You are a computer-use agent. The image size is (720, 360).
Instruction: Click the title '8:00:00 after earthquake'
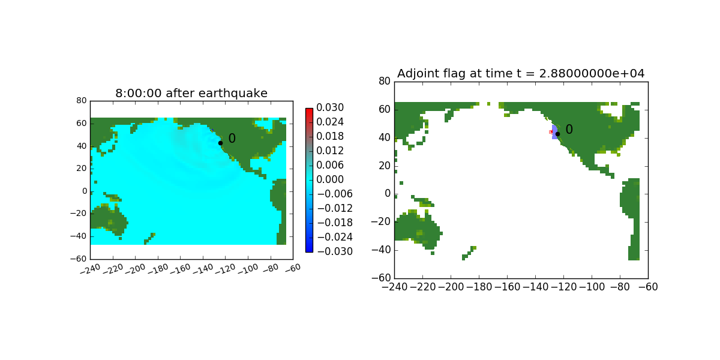pos(191,93)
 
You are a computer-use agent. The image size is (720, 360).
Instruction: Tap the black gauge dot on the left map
pos(221,143)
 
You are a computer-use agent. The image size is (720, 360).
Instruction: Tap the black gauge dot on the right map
pos(557,134)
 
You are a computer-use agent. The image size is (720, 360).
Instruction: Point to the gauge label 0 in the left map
pos(232,139)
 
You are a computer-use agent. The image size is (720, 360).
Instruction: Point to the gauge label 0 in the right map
pos(569,130)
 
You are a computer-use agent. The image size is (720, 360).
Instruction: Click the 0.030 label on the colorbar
pos(330,107)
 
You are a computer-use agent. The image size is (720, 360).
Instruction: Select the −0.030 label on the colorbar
pos(335,251)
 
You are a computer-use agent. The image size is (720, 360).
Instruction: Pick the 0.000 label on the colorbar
pos(330,179)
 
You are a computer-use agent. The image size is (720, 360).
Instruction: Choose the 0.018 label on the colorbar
pos(330,136)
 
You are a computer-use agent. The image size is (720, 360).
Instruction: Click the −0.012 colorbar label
pos(335,208)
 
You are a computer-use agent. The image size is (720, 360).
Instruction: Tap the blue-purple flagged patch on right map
pos(554,133)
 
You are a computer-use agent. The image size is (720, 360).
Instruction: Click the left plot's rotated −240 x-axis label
pos(91,269)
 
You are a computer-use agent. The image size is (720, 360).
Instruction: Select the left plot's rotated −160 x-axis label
pos(181,269)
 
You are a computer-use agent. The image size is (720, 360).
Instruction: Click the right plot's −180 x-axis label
pos(479,287)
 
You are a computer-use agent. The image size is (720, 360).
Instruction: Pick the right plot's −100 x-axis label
pos(592,287)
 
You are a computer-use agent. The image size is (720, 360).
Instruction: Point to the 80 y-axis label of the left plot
pos(82,101)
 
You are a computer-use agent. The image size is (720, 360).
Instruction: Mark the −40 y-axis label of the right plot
pos(381,250)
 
